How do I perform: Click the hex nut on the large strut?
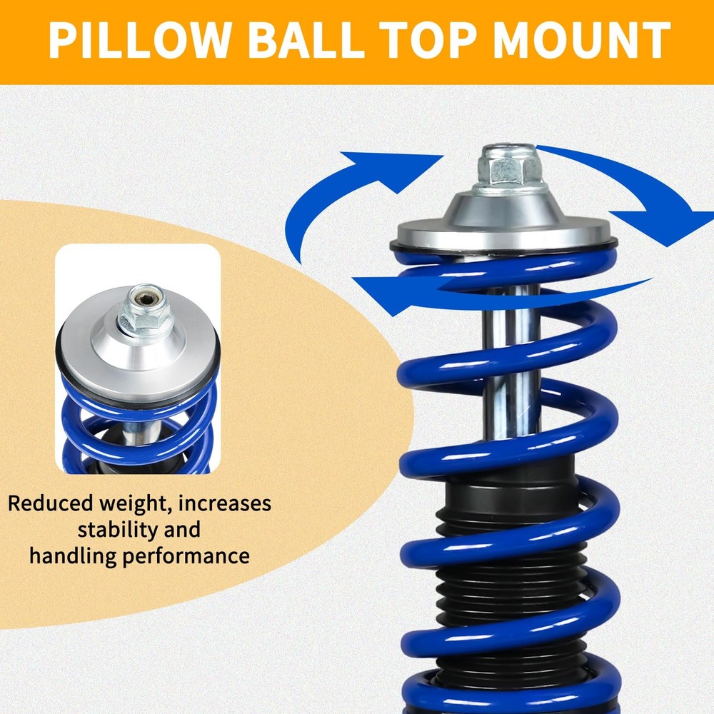(x=508, y=169)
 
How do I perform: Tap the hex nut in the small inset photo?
(x=142, y=312)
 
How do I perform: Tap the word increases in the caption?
(x=224, y=504)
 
